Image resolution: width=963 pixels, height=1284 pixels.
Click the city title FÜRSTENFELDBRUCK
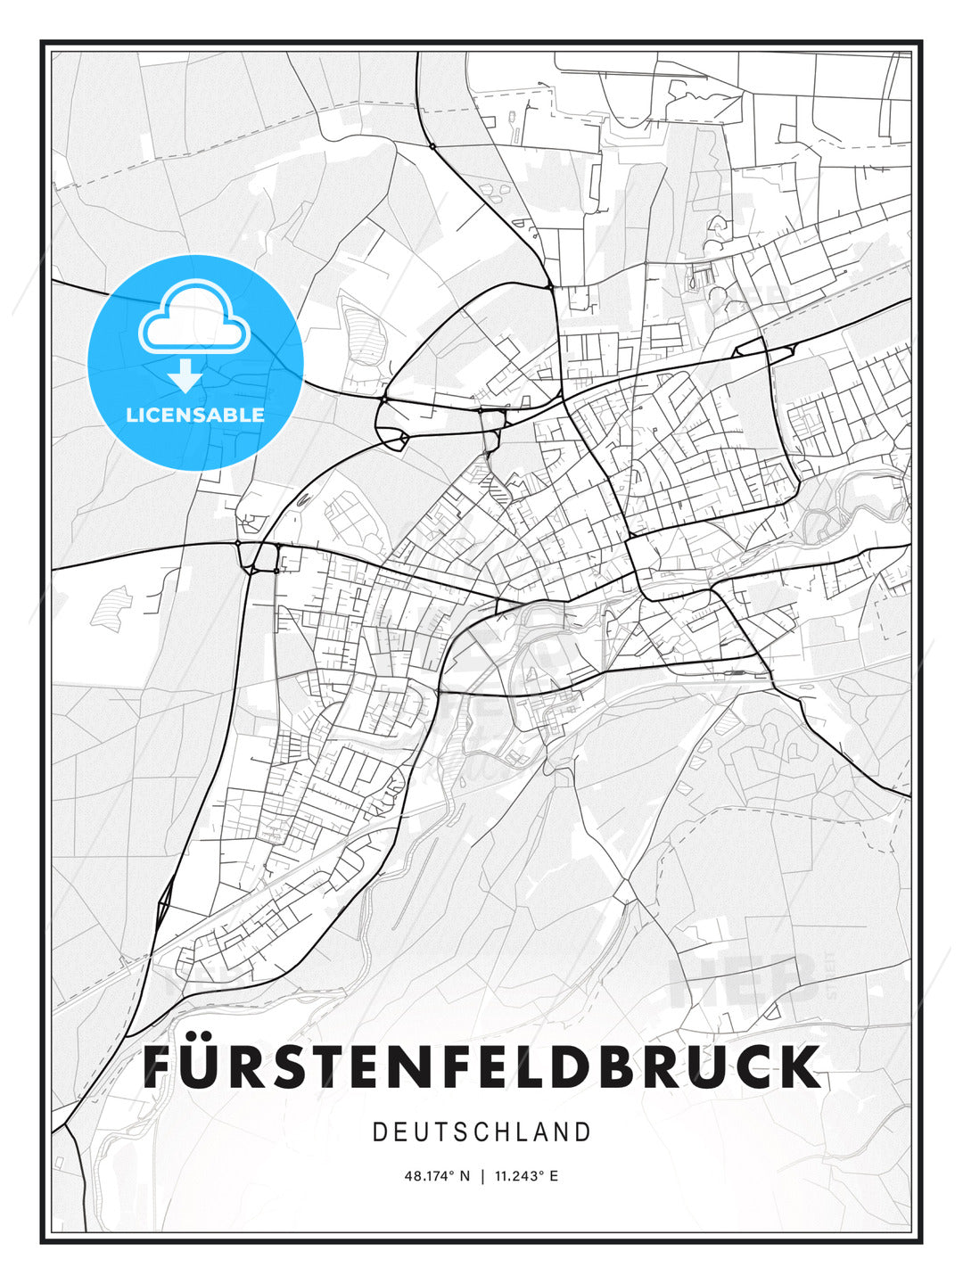pos(481,1066)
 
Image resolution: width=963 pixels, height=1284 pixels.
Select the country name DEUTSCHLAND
pos(481,1132)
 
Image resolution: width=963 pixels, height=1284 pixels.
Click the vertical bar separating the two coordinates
pos(482,1176)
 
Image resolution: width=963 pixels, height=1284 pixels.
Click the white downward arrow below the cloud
pos(185,375)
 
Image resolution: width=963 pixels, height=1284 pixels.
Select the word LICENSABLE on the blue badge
pos(194,415)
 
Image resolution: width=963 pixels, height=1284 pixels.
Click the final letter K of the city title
pos(801,1066)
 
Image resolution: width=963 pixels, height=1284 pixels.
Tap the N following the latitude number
pos(464,1176)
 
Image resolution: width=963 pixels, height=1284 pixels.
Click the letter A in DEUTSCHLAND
pos(540,1132)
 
